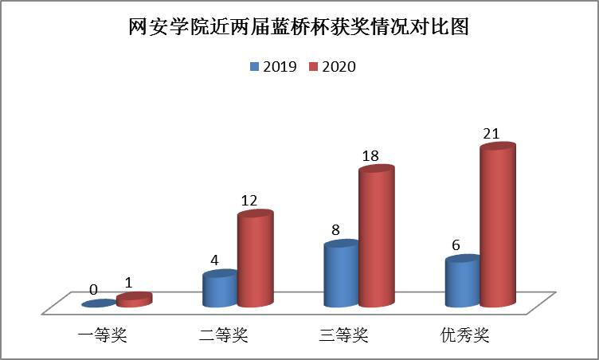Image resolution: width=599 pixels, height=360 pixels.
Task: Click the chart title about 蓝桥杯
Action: point(299,28)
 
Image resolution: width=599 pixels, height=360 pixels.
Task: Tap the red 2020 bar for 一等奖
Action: point(134,300)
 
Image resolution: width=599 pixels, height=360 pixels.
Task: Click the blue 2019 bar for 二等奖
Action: point(220,289)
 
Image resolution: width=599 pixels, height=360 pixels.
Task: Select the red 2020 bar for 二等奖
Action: point(255,260)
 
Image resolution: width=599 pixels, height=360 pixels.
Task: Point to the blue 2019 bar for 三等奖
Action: point(341,275)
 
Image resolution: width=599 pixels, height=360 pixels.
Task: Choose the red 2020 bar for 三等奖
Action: point(376,237)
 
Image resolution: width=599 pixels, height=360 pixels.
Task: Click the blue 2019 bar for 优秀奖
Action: point(462,283)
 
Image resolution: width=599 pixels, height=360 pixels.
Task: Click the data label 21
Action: point(491,133)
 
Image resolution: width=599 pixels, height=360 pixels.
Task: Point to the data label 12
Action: point(249,201)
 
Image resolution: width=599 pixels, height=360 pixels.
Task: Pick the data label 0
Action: point(93,291)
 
